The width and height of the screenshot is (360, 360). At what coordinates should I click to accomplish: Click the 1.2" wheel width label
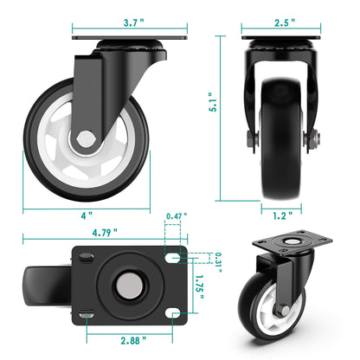pos(280,214)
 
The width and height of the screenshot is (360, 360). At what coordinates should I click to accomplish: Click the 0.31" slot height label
pos(219,257)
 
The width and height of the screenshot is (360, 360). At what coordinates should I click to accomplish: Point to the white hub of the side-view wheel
pos(69,147)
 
